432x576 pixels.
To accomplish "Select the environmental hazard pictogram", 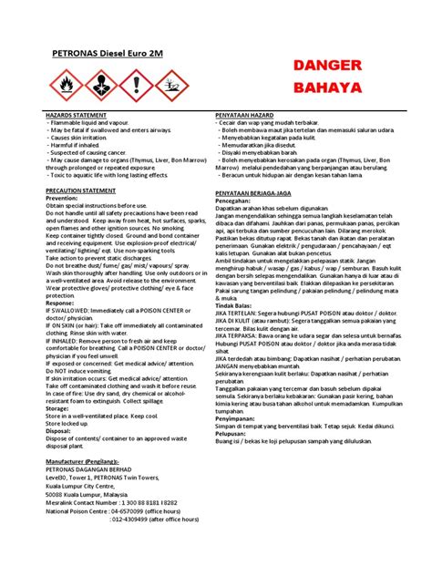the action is pos(170,86).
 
